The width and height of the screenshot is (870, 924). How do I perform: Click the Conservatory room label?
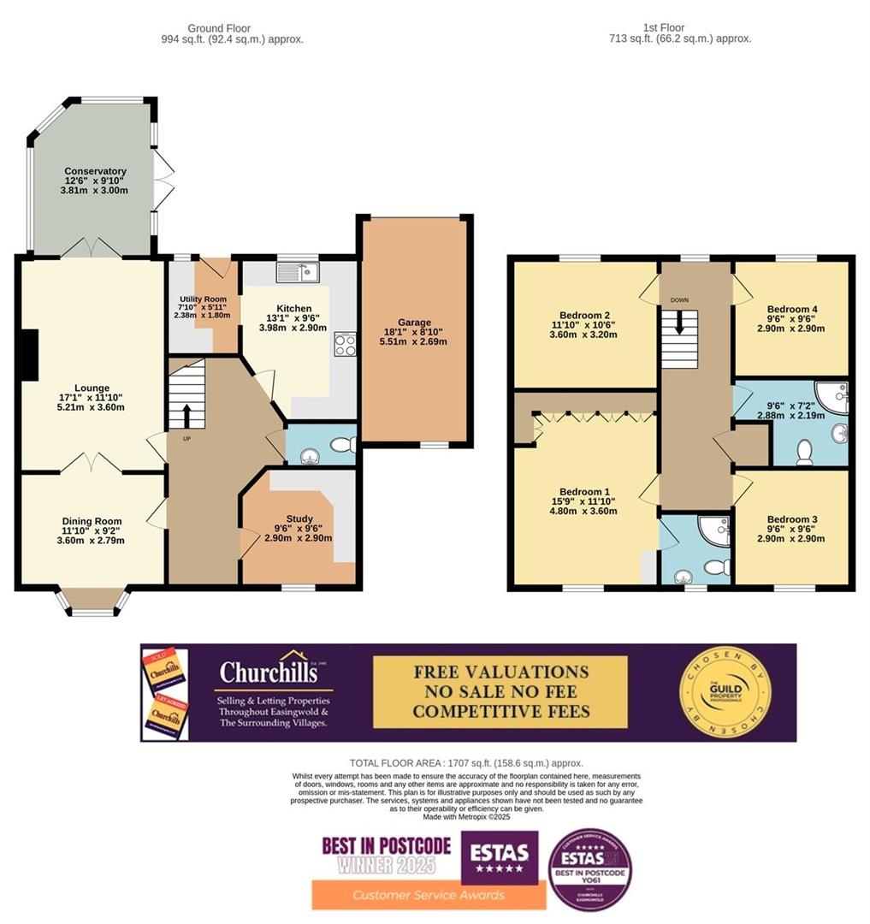[95, 171]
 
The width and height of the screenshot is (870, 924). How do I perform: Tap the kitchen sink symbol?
[297, 273]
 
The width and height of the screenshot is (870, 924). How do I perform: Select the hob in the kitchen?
[345, 345]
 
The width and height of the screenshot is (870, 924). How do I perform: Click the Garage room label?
[413, 323]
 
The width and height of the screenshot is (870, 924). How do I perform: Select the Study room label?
[299, 518]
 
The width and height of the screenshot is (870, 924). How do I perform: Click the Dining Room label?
[91, 521]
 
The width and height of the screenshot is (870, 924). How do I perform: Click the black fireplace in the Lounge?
[30, 354]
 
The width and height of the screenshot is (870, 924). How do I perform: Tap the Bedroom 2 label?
[584, 314]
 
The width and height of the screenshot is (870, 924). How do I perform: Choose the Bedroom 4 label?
[791, 309]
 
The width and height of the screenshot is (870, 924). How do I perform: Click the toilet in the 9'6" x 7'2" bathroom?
[804, 452]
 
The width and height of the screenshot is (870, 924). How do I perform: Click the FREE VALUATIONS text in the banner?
[500, 672]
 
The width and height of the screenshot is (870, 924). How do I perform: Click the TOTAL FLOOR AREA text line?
[466, 763]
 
